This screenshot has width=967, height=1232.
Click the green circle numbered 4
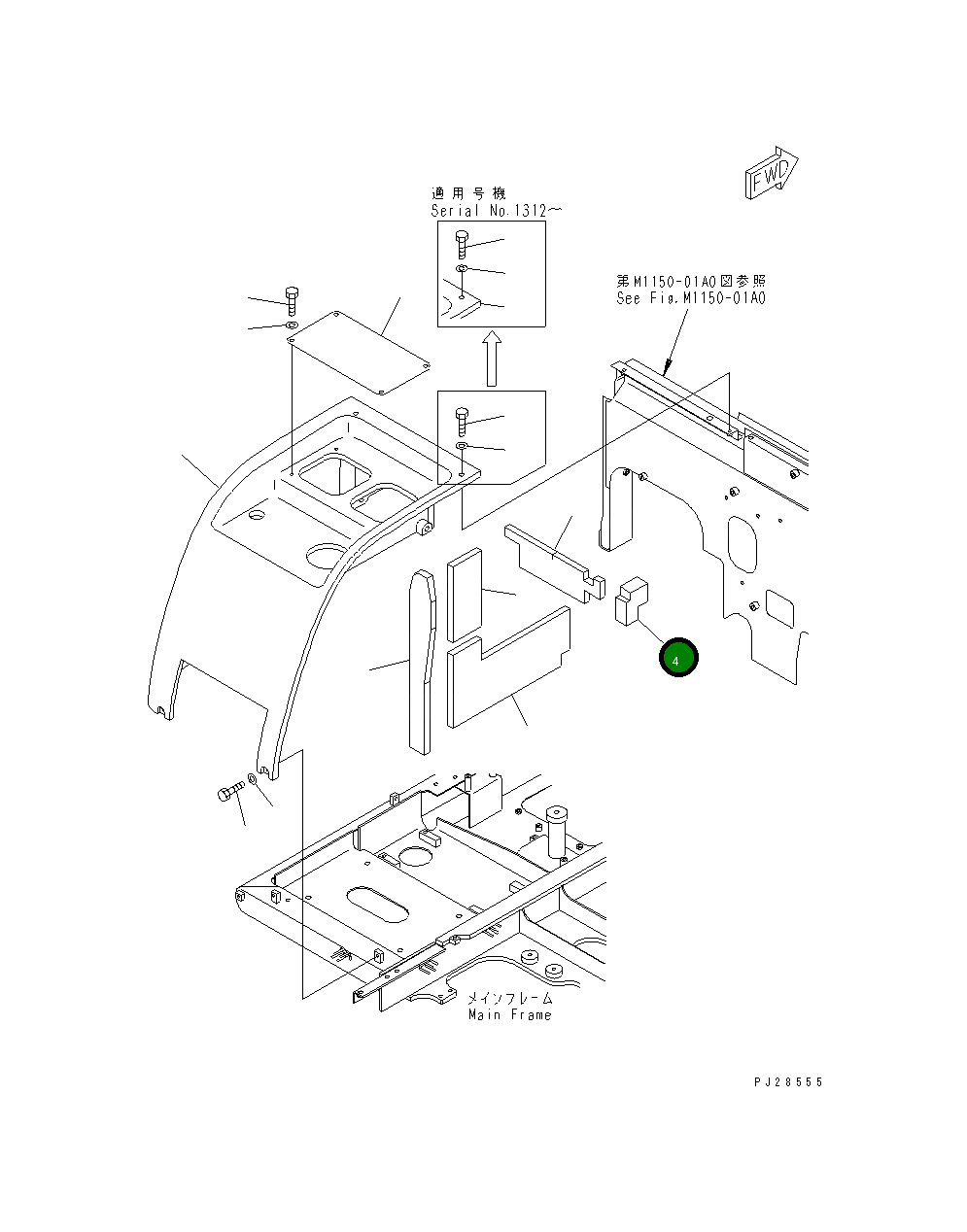pos(678,657)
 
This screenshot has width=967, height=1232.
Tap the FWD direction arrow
pos(772,172)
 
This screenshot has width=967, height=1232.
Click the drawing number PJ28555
pos(788,1082)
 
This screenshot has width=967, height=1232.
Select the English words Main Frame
pos(509,1015)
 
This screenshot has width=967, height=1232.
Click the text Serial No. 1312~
pos(497,211)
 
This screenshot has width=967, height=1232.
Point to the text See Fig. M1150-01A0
pos(691,298)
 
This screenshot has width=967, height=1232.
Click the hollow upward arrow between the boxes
pos(492,359)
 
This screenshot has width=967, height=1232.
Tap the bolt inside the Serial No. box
pos(462,244)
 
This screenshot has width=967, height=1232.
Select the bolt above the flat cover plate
pos(292,301)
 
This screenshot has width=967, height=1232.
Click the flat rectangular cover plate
pos(359,352)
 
